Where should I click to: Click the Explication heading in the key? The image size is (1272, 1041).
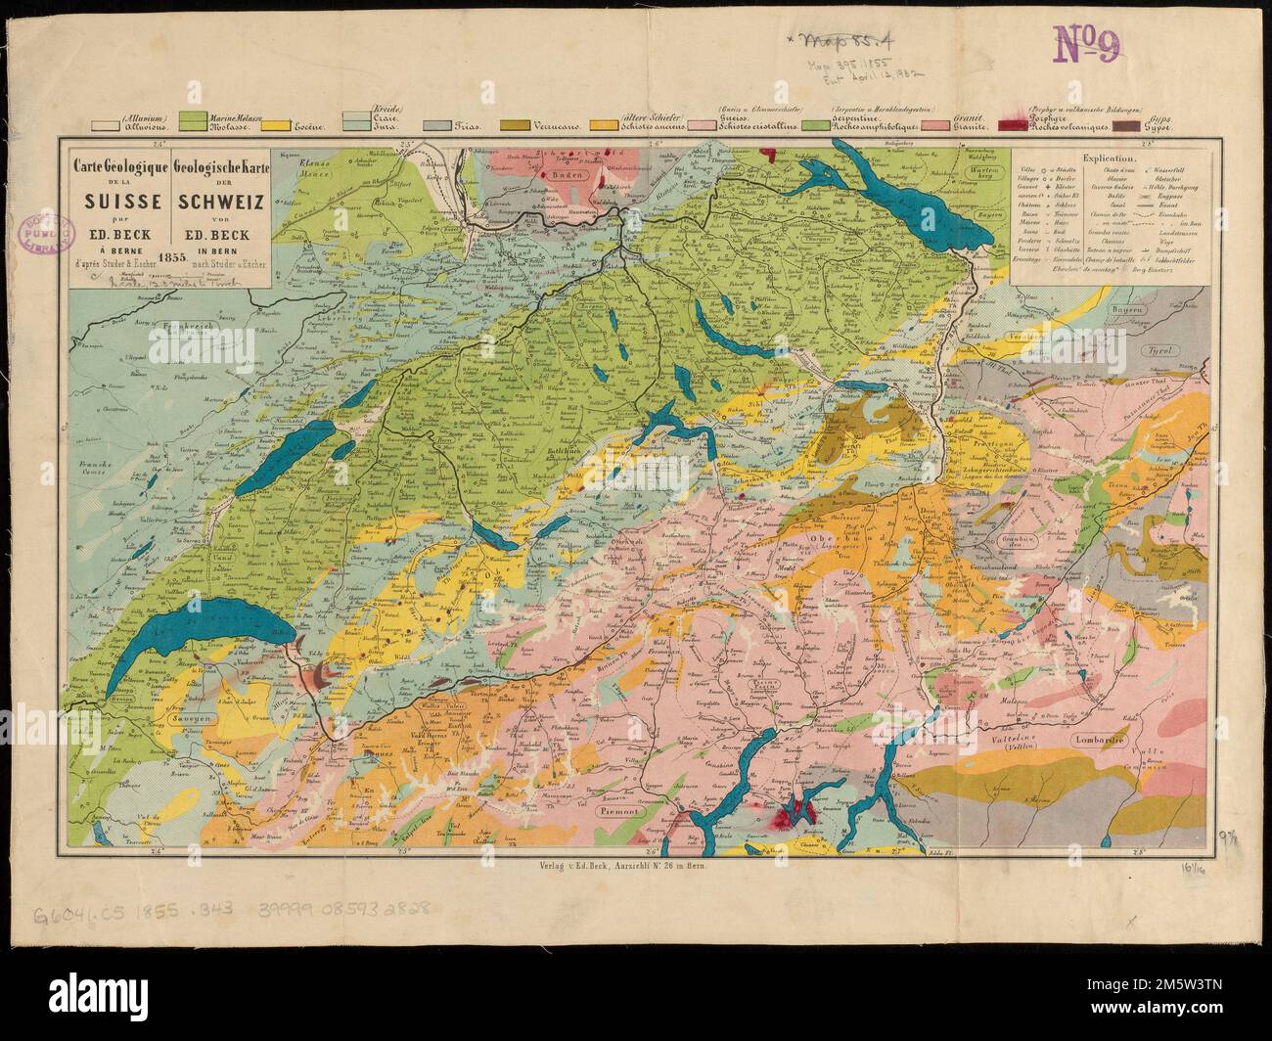[1110, 157]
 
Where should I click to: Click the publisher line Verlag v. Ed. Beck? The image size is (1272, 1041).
[622, 865]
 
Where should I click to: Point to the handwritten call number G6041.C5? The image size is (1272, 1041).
[114, 912]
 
